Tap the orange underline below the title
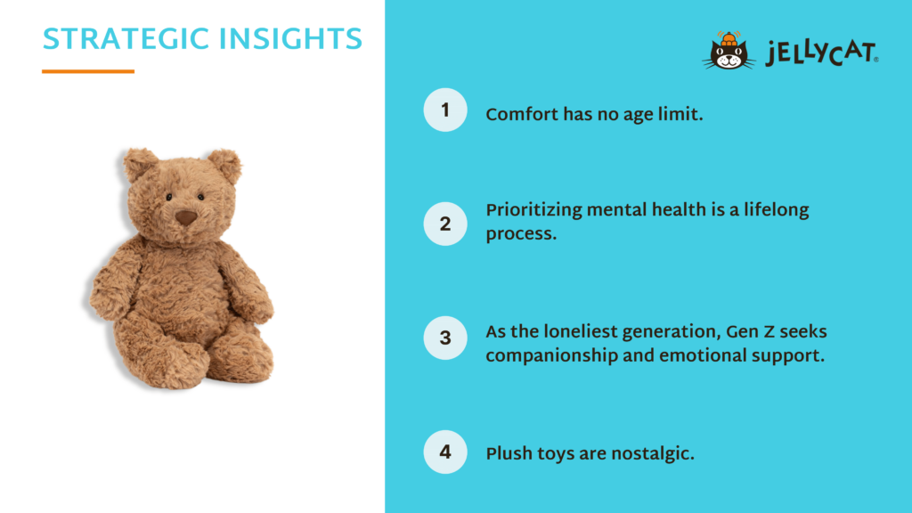tap(88, 71)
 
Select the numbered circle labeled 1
tap(445, 110)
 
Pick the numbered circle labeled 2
tap(445, 224)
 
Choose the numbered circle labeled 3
tap(445, 338)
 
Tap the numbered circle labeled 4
tap(445, 452)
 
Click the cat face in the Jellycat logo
tap(729, 57)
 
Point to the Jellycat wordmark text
tap(822, 53)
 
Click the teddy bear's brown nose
tap(185, 218)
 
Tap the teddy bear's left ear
tap(140, 164)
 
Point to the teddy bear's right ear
tap(224, 167)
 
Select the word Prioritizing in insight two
tap(533, 210)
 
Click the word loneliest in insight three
tap(581, 331)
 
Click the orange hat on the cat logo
tap(729, 39)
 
